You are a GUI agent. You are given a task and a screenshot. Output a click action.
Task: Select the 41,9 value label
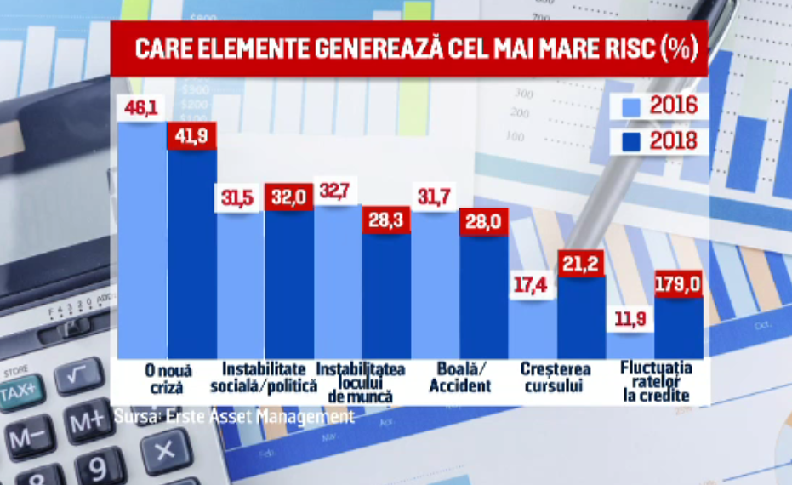191,135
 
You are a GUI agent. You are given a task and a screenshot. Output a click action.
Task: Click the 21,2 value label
581,263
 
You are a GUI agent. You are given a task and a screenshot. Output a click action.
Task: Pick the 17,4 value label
533,284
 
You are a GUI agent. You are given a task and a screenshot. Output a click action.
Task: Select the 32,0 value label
288,196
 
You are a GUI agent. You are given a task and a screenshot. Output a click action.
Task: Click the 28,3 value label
385,219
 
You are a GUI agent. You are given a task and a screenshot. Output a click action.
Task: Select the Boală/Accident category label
460,378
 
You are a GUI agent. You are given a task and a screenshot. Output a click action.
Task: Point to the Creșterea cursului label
558,378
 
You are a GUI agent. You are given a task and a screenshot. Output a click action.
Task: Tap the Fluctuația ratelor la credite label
656,381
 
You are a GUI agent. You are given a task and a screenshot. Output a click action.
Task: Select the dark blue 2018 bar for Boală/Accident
484,298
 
